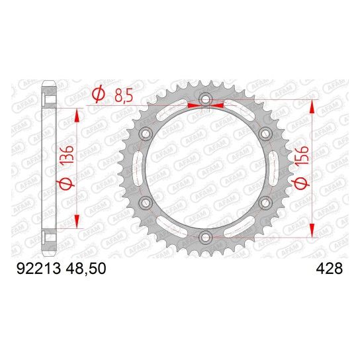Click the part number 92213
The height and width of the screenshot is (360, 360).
pyautogui.click(x=38, y=269)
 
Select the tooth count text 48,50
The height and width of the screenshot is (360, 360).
pyautogui.click(x=86, y=269)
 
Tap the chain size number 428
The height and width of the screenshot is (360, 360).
pyautogui.click(x=330, y=269)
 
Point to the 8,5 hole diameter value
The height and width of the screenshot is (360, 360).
pyautogui.click(x=124, y=95)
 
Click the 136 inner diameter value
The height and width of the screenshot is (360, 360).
pyautogui.click(x=66, y=154)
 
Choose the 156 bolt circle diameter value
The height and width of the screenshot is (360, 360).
pyautogui.click(x=301, y=156)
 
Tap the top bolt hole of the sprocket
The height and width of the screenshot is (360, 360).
pyautogui.click(x=205, y=99)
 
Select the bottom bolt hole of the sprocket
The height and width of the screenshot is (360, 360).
pyautogui.click(x=205, y=238)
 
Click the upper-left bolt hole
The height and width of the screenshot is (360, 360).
pyautogui.click(x=146, y=133)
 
